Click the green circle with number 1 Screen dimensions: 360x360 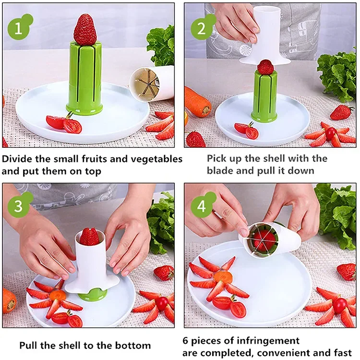18,28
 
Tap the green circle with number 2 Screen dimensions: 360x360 201,28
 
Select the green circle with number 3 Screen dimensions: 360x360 18,206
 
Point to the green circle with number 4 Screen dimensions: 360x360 201,206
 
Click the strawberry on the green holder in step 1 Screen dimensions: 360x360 85,29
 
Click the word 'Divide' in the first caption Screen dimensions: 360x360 17,159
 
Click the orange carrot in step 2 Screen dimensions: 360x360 197,101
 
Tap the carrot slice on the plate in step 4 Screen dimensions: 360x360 223,277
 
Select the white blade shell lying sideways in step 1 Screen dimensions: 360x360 151,84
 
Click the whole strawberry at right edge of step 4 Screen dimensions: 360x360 347,271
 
